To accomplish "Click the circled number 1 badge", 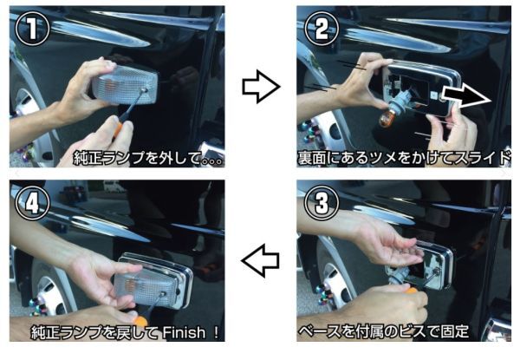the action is [x=32, y=29].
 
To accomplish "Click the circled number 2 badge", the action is [x=322, y=29].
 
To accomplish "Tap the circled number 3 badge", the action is [x=322, y=203].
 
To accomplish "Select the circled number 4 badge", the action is [x=32, y=203].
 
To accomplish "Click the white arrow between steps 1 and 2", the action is [x=261, y=87].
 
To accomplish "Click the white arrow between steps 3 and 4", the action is [x=261, y=261].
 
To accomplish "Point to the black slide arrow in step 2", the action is [x=466, y=95].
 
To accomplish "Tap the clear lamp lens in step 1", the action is [x=124, y=84].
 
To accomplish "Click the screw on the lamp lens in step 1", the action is [x=144, y=89].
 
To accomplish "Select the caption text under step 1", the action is [x=147, y=158].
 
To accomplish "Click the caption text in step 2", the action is [x=404, y=158].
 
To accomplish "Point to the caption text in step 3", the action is [x=383, y=331].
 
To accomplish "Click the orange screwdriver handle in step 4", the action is [x=140, y=321].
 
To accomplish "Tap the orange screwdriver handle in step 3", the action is [x=411, y=291].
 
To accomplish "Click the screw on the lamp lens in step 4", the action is [x=163, y=294].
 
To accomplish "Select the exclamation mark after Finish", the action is [x=216, y=332].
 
